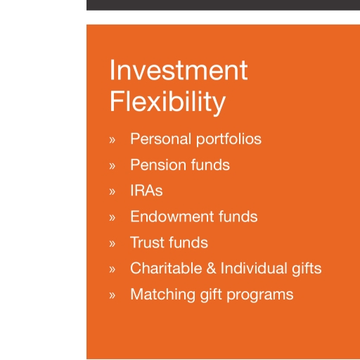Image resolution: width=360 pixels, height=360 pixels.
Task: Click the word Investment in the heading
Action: pos(179,70)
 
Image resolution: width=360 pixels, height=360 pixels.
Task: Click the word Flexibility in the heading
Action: pos(167,103)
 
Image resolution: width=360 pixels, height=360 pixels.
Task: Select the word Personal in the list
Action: pos(161,139)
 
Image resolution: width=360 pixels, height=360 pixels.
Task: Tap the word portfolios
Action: pos(229,139)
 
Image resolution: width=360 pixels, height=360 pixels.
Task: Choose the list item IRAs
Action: pos(146,191)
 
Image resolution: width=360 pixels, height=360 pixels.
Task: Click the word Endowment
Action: pos(172,217)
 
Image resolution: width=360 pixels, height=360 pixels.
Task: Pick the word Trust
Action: pos(148,243)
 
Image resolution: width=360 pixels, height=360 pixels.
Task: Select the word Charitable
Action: pos(166,268)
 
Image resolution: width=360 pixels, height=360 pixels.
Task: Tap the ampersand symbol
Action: pos(211,269)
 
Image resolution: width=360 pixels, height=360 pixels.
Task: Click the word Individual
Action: pos(254,268)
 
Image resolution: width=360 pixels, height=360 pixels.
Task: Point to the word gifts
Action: pos(307,269)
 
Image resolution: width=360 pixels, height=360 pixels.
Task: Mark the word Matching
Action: pos(162,295)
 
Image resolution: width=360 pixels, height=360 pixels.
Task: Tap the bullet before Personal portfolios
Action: pos(112,140)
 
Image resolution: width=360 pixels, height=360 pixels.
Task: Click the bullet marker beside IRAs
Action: pos(112,192)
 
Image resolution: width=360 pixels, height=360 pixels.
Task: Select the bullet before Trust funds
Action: pos(112,244)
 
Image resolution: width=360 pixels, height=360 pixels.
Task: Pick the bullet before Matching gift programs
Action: pos(112,295)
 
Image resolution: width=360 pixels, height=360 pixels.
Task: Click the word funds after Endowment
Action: pos(238,217)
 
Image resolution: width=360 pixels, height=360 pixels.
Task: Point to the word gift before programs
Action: pos(211,295)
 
